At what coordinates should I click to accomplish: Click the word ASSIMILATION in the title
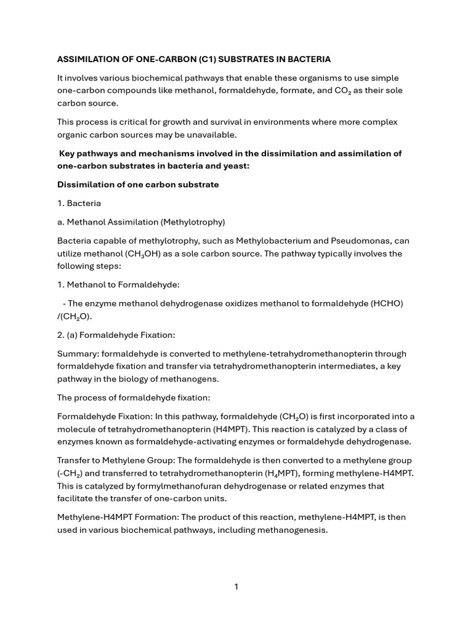tap(88, 59)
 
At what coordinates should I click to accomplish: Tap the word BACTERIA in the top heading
tap(308, 59)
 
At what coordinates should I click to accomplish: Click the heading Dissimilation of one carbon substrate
tap(138, 185)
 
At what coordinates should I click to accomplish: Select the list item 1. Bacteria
tap(79, 203)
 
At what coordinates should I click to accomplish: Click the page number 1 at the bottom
tap(236, 587)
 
